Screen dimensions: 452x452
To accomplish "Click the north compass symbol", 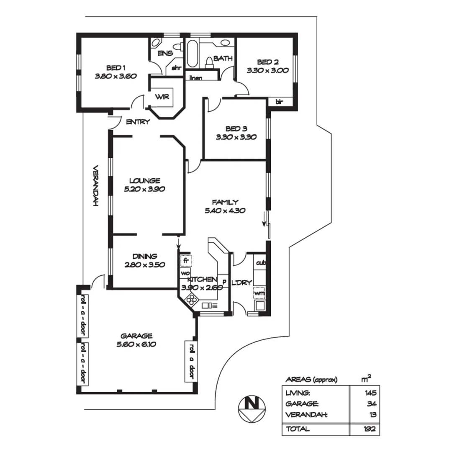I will pyautogui.click(x=252, y=408).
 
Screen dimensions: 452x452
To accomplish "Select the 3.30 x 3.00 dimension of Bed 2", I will pyautogui.click(x=267, y=71).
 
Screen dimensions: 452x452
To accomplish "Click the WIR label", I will pyautogui.click(x=162, y=97).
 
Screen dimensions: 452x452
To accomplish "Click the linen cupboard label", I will pyautogui.click(x=196, y=78).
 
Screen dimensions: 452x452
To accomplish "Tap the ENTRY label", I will pyautogui.click(x=138, y=122).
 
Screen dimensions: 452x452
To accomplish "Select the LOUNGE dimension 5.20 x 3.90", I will pyautogui.click(x=144, y=189).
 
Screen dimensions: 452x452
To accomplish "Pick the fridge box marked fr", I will pyautogui.click(x=186, y=261).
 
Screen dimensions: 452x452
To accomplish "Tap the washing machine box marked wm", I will pyautogui.click(x=259, y=293).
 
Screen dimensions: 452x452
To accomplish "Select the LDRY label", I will pyautogui.click(x=241, y=282).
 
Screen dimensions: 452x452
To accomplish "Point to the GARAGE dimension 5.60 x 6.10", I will pyautogui.click(x=136, y=344).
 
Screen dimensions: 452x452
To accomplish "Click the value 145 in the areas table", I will pyautogui.click(x=370, y=393).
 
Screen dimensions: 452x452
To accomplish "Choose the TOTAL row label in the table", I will pyautogui.click(x=297, y=429).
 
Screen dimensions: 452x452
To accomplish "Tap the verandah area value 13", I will pyautogui.click(x=372, y=415).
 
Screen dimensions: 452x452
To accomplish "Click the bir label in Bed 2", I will pyautogui.click(x=279, y=102).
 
